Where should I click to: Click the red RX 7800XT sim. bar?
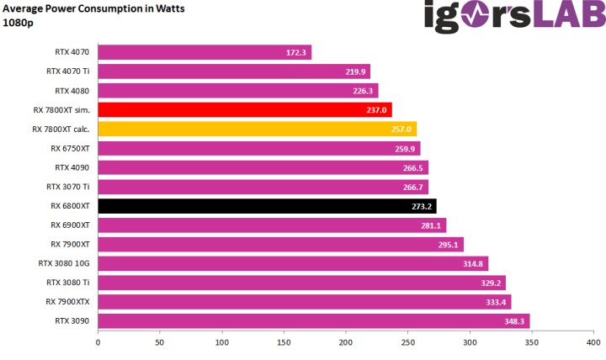244,109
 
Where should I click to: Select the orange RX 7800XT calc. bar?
257,129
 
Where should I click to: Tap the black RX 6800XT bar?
267,205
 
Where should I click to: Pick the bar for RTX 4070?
205,52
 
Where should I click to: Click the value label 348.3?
516,320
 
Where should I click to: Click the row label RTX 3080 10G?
64,263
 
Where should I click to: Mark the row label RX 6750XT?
70,148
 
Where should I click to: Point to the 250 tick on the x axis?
408,342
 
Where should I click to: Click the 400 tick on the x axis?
593,342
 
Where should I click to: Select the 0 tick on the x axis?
98,342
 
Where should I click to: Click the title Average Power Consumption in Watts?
94,8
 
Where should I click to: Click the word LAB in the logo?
563,18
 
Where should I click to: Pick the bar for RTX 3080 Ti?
301,283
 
